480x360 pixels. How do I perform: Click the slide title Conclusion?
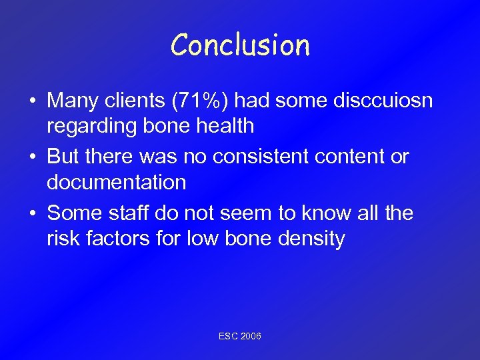[x=240, y=45]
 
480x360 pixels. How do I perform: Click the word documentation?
[x=116, y=181]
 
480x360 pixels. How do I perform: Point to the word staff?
[x=128, y=213]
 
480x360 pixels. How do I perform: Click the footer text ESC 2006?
[x=240, y=336]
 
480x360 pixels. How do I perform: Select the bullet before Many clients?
[x=33, y=101]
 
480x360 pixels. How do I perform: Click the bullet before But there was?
[x=33, y=157]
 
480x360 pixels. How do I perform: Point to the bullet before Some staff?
[x=33, y=213]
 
